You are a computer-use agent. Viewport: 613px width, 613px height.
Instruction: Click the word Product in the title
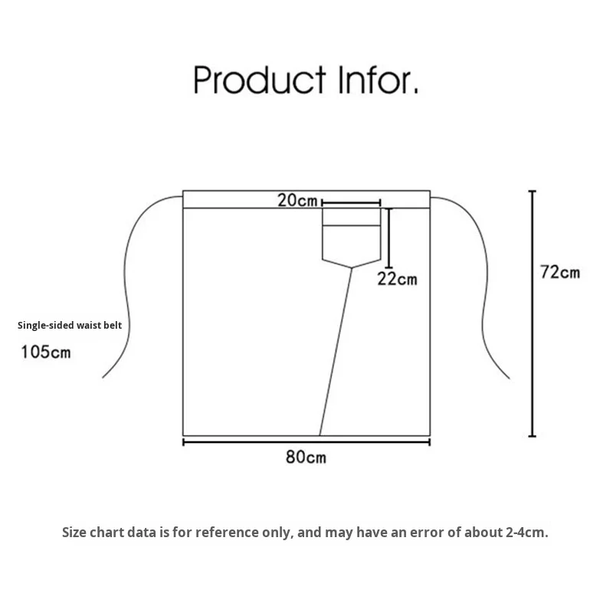click(261, 80)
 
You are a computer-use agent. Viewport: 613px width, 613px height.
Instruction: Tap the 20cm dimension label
click(297, 201)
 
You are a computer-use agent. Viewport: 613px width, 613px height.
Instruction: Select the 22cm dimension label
click(397, 279)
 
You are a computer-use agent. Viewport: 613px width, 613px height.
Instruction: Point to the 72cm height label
click(560, 272)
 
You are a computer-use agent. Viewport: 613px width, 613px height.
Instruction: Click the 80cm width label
click(306, 457)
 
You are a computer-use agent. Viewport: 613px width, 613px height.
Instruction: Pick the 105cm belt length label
click(46, 352)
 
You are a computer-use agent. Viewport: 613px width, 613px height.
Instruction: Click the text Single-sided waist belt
click(70, 325)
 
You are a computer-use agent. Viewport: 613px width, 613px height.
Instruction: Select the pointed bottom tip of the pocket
click(352, 267)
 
